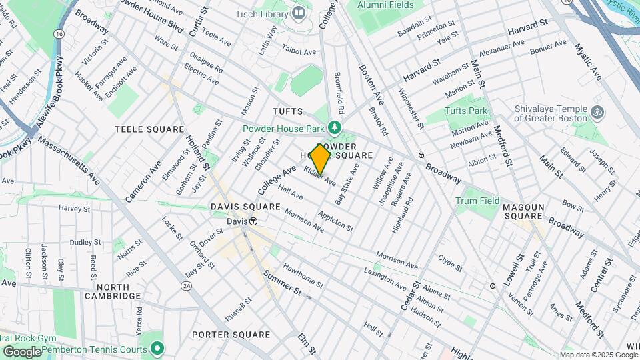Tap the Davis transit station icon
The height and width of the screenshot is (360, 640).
pos(253,221)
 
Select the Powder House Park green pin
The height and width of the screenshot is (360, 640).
pos(335,128)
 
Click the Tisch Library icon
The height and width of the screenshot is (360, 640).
pos(299,13)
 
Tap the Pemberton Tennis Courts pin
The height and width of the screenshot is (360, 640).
pos(157,348)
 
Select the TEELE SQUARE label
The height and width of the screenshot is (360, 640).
pos(149,129)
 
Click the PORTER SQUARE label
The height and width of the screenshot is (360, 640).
pos(231,335)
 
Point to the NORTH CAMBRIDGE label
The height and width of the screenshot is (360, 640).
pos(113,291)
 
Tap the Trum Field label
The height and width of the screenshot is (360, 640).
pos(477,201)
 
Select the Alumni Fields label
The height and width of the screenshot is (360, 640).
pos(385,5)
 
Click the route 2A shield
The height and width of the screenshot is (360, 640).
pos(187,285)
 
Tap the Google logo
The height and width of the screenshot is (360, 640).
pos(22,351)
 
